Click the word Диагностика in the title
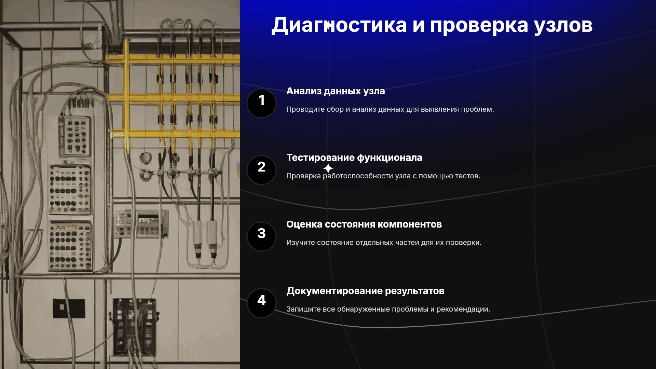click(339, 25)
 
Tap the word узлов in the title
click(563, 26)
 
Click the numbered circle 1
click(261, 103)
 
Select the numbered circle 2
click(261, 170)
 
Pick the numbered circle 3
click(261, 236)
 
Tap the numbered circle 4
click(261, 303)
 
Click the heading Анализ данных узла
click(336, 91)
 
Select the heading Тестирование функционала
click(354, 158)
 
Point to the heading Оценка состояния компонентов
click(364, 224)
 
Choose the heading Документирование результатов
click(365, 291)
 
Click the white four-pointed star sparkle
click(328, 168)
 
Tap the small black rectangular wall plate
click(69, 308)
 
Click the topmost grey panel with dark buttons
click(75, 136)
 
